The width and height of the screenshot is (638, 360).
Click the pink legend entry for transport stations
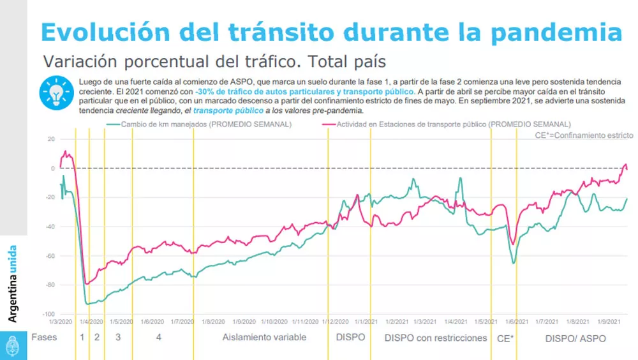coord(453,124)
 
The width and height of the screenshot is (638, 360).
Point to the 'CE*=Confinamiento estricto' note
coord(583,135)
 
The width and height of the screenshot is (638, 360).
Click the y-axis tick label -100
coord(48,315)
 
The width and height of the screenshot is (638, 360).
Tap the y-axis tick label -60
coord(49,256)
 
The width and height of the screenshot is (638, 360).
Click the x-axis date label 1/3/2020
coord(60,322)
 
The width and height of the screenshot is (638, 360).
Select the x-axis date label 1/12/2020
coord(335,322)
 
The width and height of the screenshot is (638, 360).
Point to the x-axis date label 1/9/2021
coord(611,322)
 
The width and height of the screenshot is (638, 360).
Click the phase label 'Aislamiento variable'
coord(264,337)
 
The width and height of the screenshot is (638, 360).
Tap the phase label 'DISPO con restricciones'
coord(435,338)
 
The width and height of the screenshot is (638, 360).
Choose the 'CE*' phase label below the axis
coord(505,338)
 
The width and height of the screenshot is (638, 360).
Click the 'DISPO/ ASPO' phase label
coord(575,338)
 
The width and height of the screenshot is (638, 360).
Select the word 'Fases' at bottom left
coord(43,337)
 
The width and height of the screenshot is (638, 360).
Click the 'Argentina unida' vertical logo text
coord(13,283)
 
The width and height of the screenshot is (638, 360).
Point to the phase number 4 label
coord(158,337)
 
